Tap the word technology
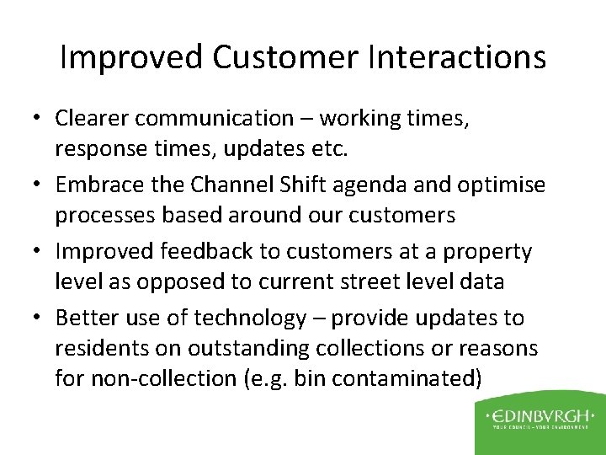[250, 318]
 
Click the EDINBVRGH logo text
[535, 415]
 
